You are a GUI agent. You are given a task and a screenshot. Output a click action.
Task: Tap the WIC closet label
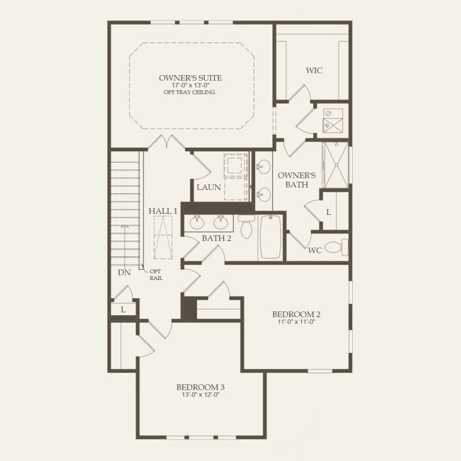pos(314,71)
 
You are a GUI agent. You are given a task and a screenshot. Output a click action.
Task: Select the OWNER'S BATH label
pos(296,180)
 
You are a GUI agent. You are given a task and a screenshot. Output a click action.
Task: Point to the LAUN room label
pos(209,187)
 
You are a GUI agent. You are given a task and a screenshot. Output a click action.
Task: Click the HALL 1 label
pos(163,211)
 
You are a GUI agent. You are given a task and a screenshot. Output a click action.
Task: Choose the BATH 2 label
pos(201,239)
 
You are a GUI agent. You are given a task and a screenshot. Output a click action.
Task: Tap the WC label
pos(315,250)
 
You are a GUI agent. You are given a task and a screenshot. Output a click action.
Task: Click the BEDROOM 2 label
pos(296,314)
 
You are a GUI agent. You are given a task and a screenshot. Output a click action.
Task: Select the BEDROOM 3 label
pos(200,388)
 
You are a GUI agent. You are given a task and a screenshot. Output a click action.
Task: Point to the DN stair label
pos(124,273)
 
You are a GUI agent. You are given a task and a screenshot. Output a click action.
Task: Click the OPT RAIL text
pos(156,274)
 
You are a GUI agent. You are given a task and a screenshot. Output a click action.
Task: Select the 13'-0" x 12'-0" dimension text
pos(200,395)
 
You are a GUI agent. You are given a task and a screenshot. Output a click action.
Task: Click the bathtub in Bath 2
pos(270,237)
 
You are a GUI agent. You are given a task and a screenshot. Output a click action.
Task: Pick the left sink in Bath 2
pos(197,222)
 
